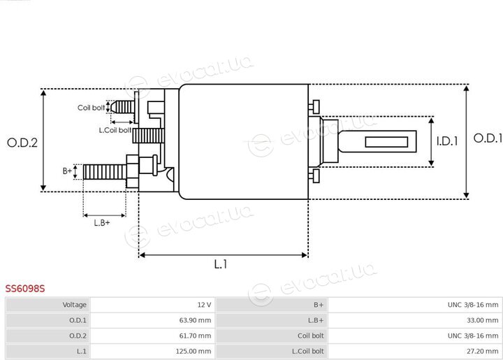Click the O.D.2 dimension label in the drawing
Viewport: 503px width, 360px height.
(22, 143)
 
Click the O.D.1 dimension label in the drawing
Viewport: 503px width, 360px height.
(488, 138)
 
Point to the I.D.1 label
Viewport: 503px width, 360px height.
(447, 141)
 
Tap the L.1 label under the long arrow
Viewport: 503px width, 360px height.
(221, 264)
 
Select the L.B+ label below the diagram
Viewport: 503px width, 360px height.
(102, 223)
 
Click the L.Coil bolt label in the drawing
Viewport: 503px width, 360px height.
(115, 130)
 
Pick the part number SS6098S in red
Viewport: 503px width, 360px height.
(25, 289)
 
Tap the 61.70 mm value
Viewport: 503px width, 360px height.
(195, 336)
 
